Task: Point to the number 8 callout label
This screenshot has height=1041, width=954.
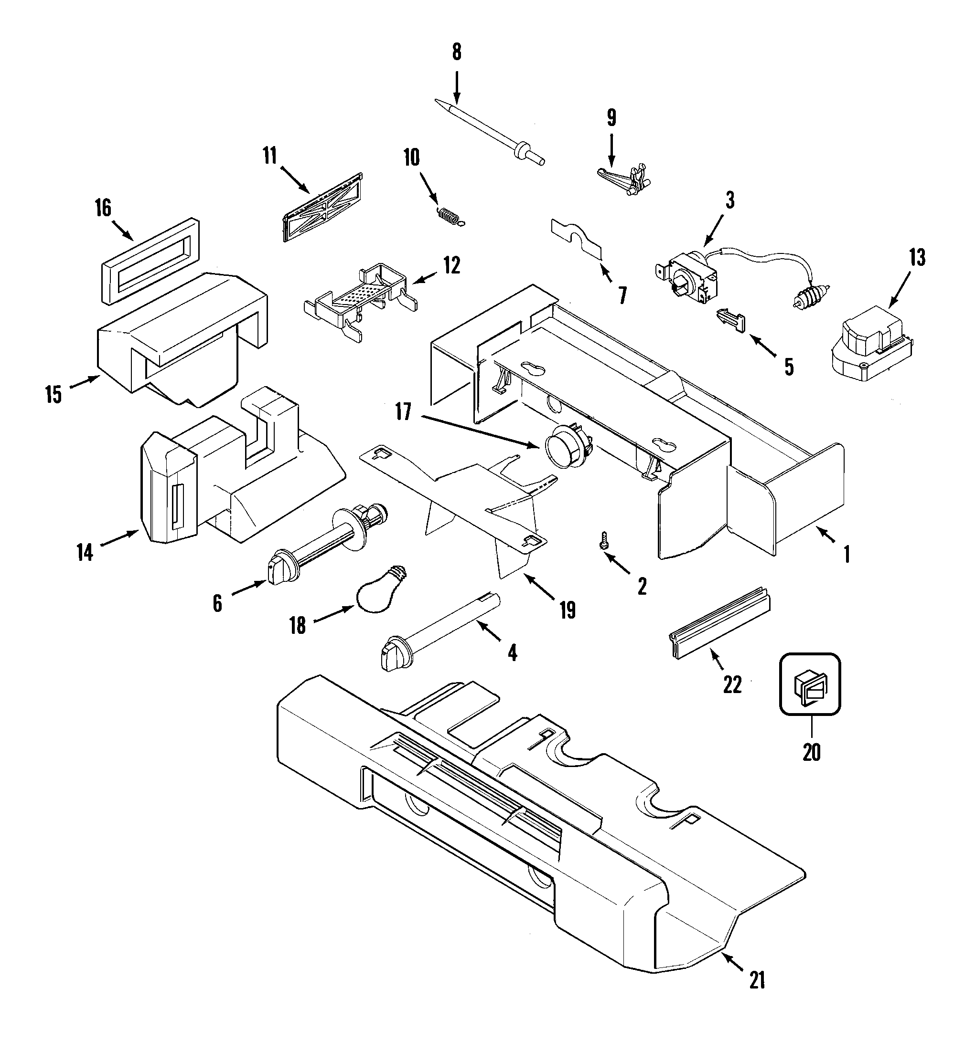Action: [x=456, y=52]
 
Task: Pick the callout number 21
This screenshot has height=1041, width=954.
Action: [x=757, y=979]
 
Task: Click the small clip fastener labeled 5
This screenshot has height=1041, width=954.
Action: [x=731, y=321]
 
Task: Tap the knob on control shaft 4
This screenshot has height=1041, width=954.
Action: [x=395, y=655]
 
